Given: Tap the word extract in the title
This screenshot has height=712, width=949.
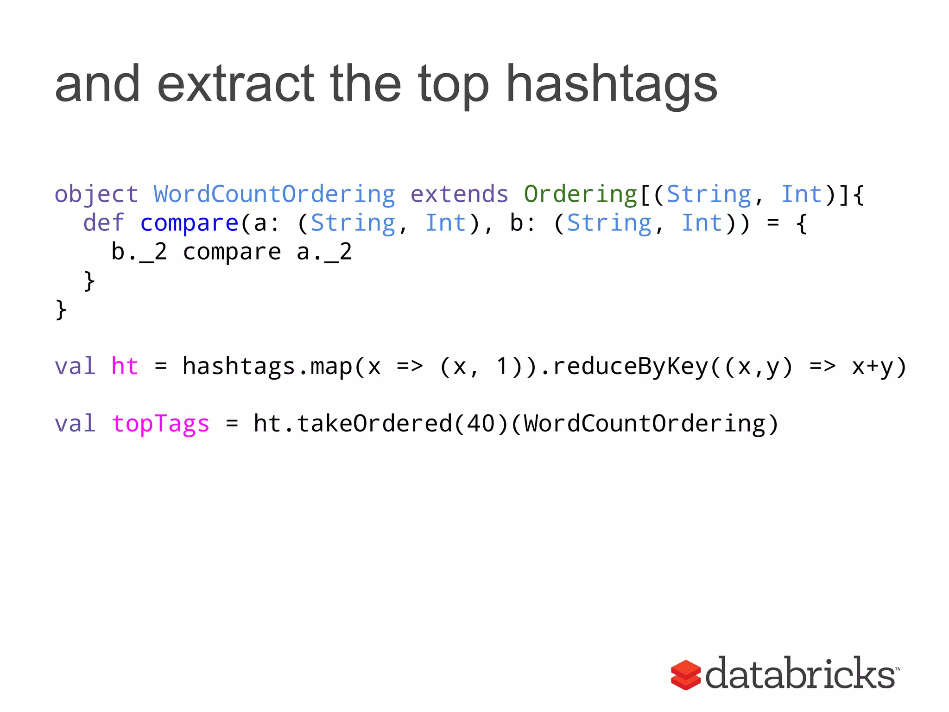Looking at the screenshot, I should pyautogui.click(x=235, y=84).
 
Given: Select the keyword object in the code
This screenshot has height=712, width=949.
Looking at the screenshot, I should pyautogui.click(x=96, y=194).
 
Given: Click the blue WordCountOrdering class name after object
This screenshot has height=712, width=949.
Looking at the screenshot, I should pyautogui.click(x=274, y=194).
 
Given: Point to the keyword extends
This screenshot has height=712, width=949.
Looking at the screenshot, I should pyautogui.click(x=459, y=194).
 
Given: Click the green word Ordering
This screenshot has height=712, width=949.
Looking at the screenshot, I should pyautogui.click(x=581, y=194).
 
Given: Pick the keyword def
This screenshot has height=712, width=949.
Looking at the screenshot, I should pyautogui.click(x=104, y=223).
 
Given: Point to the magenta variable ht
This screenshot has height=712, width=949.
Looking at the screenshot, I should pyautogui.click(x=125, y=366).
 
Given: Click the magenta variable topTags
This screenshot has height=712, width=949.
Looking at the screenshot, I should pyautogui.click(x=160, y=424).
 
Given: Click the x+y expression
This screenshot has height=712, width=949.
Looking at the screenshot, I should pyautogui.click(x=873, y=366).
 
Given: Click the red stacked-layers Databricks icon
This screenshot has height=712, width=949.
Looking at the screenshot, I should pyautogui.click(x=685, y=674).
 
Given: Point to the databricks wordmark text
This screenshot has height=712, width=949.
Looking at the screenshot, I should pyautogui.click(x=800, y=674).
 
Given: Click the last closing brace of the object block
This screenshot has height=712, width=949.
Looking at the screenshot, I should pyautogui.click(x=61, y=310).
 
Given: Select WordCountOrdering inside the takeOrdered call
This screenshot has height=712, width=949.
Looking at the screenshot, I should pyautogui.click(x=645, y=424).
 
